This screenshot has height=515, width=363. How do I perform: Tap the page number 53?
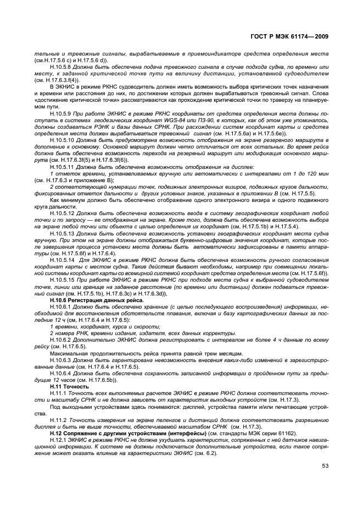(325, 466)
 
